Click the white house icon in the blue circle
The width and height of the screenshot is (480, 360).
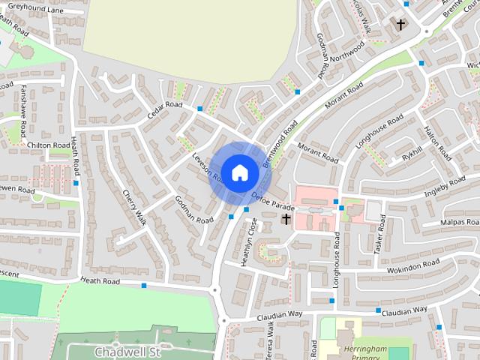[x=239, y=172]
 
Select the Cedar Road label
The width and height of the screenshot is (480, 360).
[x=166, y=109]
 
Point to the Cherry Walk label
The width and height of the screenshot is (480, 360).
[x=134, y=207]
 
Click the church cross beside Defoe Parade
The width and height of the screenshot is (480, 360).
[x=286, y=219]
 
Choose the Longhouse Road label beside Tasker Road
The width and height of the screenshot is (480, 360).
[x=337, y=259]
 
